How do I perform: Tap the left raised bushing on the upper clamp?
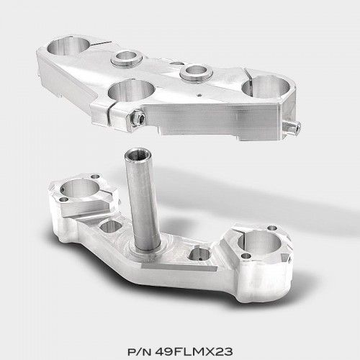tap(127, 58)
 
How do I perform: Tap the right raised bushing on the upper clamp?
tap(197, 72)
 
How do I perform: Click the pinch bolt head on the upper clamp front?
tap(139, 117)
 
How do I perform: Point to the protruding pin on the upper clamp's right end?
tap(292, 126)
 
